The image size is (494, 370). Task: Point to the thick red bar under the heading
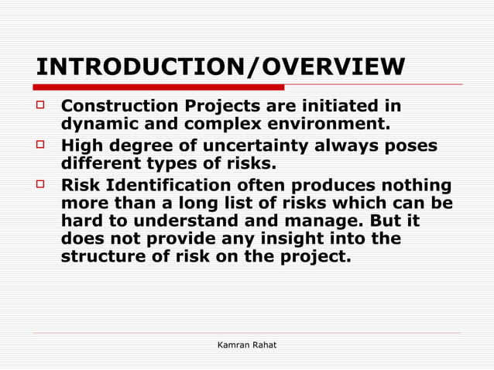pos(159,87)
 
